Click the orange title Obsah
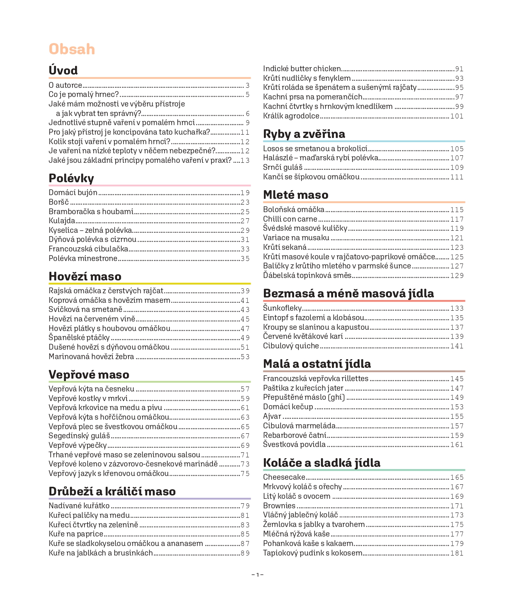(x=72, y=49)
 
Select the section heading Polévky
(x=71, y=178)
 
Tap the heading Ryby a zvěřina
(x=304, y=134)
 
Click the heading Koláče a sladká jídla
(x=322, y=463)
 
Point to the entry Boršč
(x=59, y=202)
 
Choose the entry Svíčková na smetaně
(x=85, y=309)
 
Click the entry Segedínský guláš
(x=79, y=436)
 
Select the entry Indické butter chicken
(x=302, y=69)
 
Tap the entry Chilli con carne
(x=290, y=219)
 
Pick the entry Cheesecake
(x=284, y=477)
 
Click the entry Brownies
(x=279, y=506)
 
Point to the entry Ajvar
(x=272, y=416)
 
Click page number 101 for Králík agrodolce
(x=457, y=116)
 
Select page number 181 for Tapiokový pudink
(x=457, y=553)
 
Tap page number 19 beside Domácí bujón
(x=245, y=193)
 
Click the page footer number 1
(x=257, y=575)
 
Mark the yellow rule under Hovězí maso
(x=150, y=284)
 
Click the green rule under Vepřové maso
(x=150, y=382)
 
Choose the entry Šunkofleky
(x=282, y=308)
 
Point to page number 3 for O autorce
(x=248, y=86)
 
